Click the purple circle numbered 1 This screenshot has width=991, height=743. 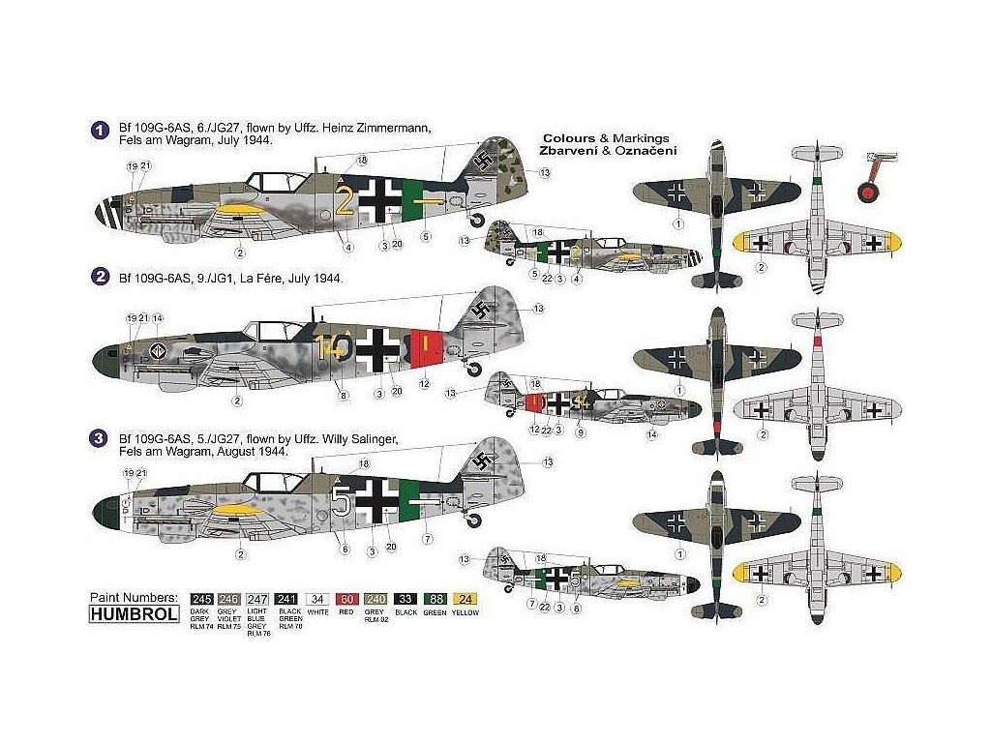pyautogui.click(x=97, y=129)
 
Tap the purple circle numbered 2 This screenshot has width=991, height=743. pyautogui.click(x=97, y=279)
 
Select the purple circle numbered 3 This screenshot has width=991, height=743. pyautogui.click(x=97, y=438)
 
